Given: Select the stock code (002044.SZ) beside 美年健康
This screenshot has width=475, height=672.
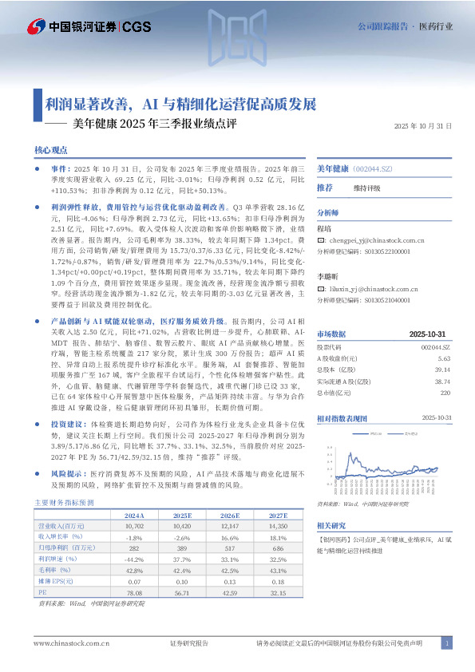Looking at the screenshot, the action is [x=374, y=169].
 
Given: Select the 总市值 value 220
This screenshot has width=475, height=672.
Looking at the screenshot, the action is [x=445, y=393].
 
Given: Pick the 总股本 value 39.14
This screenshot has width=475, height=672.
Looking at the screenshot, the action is [x=443, y=370].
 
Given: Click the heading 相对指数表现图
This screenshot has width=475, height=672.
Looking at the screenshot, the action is [x=342, y=417].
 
